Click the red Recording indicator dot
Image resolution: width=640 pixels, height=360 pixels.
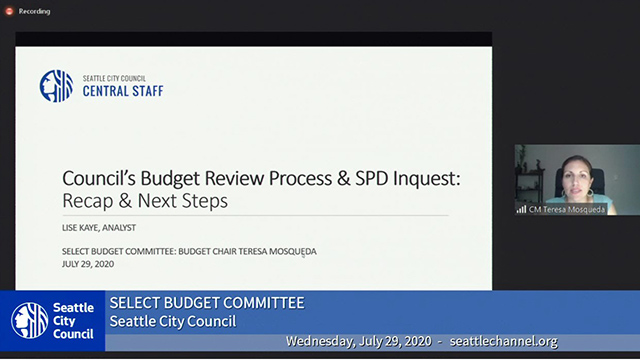(9, 11)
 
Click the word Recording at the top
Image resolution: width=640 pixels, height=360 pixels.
(34, 11)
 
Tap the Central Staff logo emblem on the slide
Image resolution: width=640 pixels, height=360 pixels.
(56, 86)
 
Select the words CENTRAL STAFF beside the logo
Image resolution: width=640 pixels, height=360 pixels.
(121, 91)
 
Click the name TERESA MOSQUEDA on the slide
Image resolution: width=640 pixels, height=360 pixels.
(272, 251)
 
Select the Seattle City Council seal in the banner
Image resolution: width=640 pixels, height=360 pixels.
(30, 321)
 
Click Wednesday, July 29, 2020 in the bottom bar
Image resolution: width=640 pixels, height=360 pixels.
(358, 342)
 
